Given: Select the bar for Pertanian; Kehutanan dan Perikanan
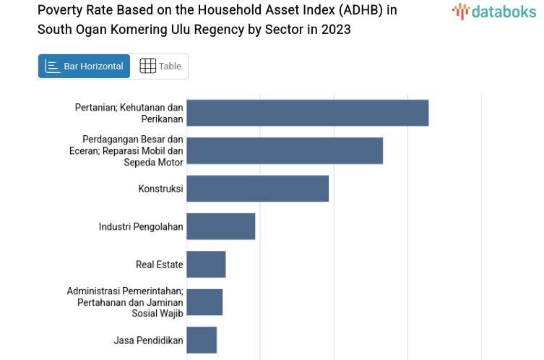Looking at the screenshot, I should click(x=307, y=113).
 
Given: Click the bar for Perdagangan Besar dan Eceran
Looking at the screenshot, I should click(x=284, y=150).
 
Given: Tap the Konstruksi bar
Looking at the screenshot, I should click(x=257, y=189).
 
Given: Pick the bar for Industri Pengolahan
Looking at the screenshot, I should click(x=220, y=226).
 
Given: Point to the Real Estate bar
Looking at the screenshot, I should click(x=206, y=265).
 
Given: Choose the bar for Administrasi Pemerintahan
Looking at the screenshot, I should click(x=204, y=302).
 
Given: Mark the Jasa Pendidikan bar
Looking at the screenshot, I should click(x=202, y=340).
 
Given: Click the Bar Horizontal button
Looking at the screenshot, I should click(x=84, y=67).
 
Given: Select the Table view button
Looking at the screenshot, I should click(x=160, y=67).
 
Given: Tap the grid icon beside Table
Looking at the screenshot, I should click(x=147, y=67).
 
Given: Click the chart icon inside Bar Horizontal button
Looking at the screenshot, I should click(x=52, y=67).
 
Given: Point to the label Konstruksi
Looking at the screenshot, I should click(x=160, y=189).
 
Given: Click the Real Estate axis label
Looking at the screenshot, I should click(x=159, y=265).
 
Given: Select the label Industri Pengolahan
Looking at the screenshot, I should click(x=141, y=227).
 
